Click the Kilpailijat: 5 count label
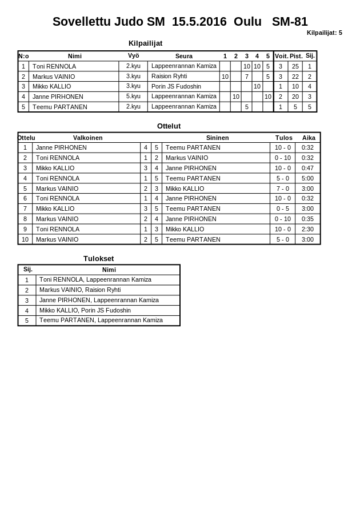[324, 33]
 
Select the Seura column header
[183, 56]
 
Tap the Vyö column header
[133, 56]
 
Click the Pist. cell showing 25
[295, 66]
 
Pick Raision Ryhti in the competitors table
[169, 76]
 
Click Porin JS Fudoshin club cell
[176, 86]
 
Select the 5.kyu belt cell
[133, 97]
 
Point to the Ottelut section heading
[169, 126]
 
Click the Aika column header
[309, 138]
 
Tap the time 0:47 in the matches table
[307, 168]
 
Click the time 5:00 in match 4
[307, 178]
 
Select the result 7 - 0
[282, 189]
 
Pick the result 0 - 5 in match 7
[282, 209]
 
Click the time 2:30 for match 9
[307, 229]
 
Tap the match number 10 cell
[25, 239]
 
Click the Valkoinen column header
[87, 138]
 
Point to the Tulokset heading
[98, 258]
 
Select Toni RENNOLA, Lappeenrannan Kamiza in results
[95, 280]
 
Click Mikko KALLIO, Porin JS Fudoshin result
[85, 310]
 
